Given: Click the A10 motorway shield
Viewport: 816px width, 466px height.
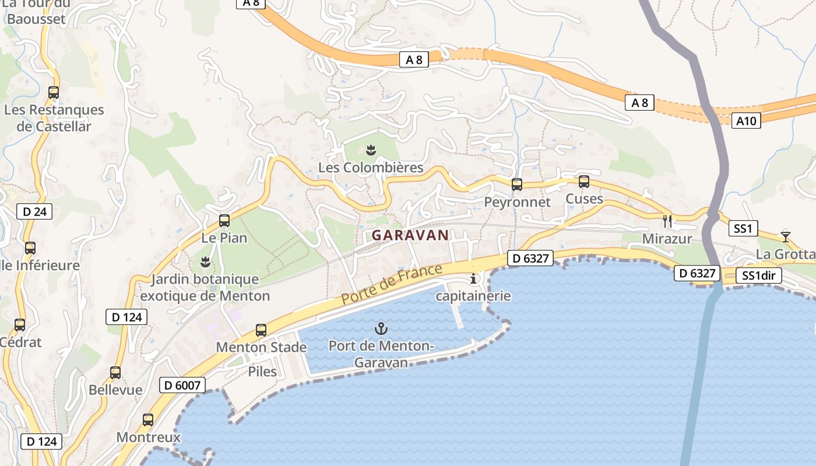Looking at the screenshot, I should pos(746,121).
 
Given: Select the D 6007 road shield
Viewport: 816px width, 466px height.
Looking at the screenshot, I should pos(182,385).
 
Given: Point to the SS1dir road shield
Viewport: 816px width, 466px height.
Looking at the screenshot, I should pos(758,276).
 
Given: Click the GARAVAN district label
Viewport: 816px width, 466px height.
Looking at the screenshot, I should pos(410,235).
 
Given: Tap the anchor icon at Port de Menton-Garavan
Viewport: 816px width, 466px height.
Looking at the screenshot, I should pos(381,329).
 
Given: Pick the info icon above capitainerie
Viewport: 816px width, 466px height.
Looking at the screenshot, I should pos(473,279).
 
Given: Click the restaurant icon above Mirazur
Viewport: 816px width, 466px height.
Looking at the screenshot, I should pos(667,221).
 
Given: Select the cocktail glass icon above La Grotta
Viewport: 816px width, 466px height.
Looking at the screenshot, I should pos(786,236).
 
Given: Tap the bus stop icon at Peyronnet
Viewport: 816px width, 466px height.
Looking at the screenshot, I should pos(517,185).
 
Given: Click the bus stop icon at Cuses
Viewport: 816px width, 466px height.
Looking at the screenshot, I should pos(584,182).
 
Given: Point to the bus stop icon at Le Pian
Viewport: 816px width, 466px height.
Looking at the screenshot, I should pos(224,221).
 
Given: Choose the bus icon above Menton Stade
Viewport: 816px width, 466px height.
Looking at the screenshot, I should pos(261,330).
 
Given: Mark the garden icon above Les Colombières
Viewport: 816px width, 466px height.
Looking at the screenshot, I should pos(371,150).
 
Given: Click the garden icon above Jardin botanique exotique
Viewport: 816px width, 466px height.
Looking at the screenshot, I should pos(205,262).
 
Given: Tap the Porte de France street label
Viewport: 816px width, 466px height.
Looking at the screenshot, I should pos(392,285).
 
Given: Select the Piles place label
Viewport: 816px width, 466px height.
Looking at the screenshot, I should pos(262,371).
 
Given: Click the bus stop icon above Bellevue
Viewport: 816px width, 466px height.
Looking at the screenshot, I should pos(115,373).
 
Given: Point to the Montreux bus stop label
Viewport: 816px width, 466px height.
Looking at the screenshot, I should pos(148,437).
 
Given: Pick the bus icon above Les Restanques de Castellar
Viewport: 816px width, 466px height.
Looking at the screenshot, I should pos(54,92).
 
